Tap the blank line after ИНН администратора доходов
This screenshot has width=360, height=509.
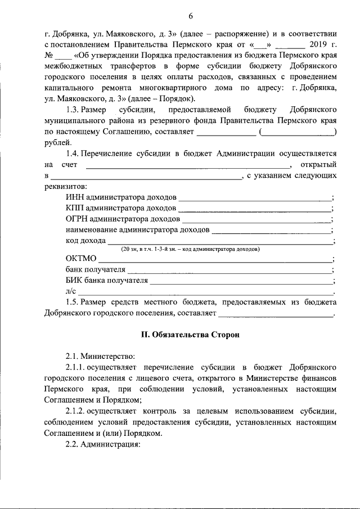255,197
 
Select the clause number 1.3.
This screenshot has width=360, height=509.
76,110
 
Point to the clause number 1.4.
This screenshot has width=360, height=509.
76,154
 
